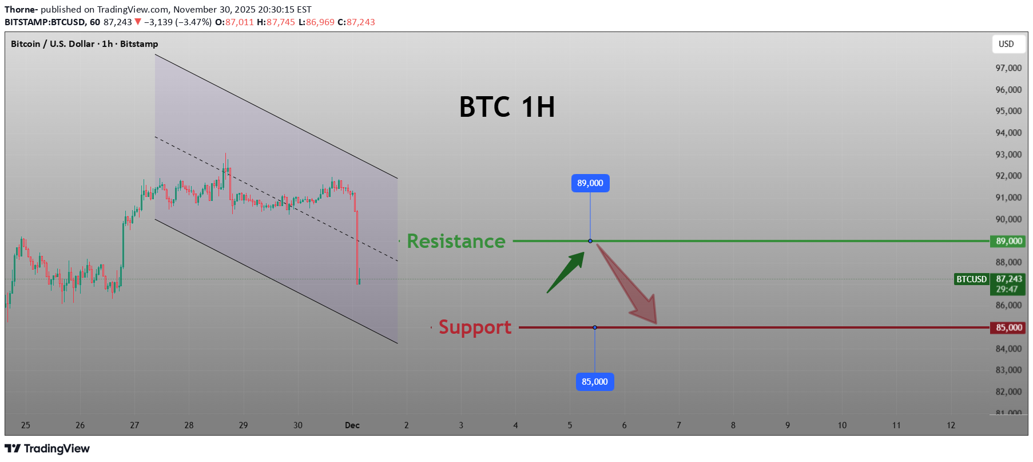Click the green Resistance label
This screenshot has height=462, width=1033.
click(456, 241)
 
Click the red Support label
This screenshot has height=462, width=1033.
click(475, 327)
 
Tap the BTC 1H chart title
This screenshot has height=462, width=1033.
click(507, 107)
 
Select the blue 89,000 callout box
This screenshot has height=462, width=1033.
click(590, 183)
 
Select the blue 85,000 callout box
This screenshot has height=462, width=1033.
click(595, 382)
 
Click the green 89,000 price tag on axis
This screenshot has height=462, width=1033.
click(1008, 241)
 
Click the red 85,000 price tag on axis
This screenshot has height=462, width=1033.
click(1008, 327)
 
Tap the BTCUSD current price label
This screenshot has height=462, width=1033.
click(971, 279)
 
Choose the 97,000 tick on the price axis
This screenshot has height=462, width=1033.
click(1008, 68)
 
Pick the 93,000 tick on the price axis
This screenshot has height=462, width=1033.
click(1008, 155)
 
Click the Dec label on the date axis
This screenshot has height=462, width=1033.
click(352, 425)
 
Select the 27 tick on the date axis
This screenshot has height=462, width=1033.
click(134, 425)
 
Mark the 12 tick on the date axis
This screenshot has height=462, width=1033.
click(951, 425)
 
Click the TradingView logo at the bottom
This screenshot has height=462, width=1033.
click(47, 449)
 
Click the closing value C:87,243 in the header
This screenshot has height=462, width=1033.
click(356, 22)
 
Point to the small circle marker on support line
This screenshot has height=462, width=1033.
click(595, 327)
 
